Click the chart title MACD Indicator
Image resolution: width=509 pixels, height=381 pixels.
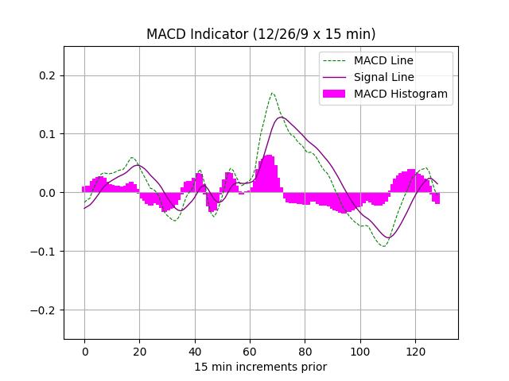(261, 34)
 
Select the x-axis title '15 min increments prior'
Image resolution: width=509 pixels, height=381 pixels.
(261, 367)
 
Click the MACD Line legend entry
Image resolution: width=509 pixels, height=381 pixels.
(383, 60)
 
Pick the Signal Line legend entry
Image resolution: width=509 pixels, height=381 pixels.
(383, 77)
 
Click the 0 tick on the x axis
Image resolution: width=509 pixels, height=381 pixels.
(84, 351)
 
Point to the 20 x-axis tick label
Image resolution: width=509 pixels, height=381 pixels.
(139, 351)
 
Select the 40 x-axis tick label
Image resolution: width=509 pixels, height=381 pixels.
(195, 351)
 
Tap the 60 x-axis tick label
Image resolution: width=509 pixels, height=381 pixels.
(250, 351)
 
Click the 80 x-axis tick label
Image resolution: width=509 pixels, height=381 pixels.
(305, 351)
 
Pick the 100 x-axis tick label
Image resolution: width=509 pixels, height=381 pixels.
(360, 351)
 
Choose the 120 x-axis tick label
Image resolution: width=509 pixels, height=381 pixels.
(415, 351)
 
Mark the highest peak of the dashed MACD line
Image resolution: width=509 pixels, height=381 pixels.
(272, 93)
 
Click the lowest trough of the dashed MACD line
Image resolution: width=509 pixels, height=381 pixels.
(384, 246)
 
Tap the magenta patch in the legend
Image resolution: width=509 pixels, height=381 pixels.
(335, 94)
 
